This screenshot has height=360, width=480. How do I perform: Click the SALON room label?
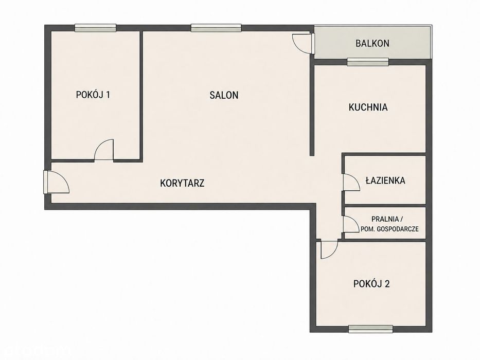click(x=224, y=95)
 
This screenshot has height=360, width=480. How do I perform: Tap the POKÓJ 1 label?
click(x=93, y=95)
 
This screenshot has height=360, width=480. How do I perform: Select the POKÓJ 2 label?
click(x=371, y=284)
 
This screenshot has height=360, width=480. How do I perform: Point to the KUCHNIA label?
click(x=368, y=107)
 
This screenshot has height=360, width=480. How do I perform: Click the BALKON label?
click(x=372, y=44)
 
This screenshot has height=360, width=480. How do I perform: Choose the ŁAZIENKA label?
click(x=385, y=181)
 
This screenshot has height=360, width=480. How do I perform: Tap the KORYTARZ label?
click(x=182, y=184)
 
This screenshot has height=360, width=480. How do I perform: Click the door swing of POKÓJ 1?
click(x=104, y=150)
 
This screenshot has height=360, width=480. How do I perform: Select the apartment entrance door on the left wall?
click(x=57, y=182)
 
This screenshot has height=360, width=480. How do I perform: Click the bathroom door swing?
click(x=351, y=182)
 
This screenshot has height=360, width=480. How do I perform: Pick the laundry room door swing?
click(x=351, y=224)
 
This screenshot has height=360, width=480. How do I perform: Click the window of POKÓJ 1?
click(x=96, y=28)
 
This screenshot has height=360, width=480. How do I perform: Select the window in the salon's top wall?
click(x=216, y=28)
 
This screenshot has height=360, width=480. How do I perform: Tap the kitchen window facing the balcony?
click(x=368, y=62)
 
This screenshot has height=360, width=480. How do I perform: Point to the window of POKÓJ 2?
click(x=371, y=329)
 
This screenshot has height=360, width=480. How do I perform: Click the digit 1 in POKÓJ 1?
click(x=108, y=95)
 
